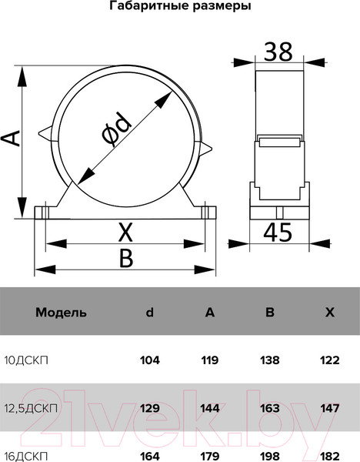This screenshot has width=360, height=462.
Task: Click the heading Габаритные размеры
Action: (x=180, y=6)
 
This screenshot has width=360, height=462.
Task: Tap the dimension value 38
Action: (x=278, y=52)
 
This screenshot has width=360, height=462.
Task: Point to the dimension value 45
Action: (x=278, y=233)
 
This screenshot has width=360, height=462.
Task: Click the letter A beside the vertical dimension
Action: (x=12, y=138)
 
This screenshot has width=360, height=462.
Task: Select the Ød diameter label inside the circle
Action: (x=116, y=130)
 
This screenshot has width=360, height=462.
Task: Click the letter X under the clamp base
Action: (x=125, y=233)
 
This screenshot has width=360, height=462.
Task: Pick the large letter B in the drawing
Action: (x=127, y=258)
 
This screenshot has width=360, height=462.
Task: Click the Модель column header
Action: (x=62, y=313)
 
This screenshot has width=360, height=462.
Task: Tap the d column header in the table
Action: (x=150, y=312)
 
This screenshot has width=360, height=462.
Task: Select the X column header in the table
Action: (x=330, y=313)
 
